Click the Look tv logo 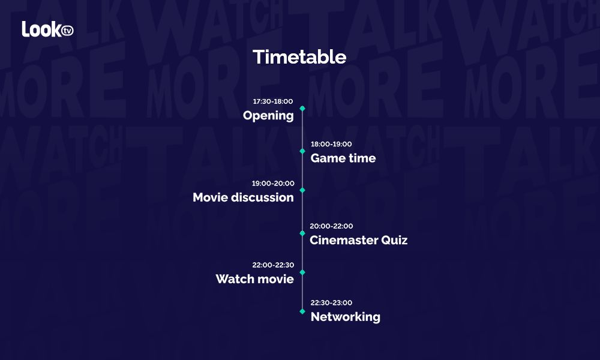coord(47,29)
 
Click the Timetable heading coord(299,57)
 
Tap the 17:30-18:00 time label coord(273,101)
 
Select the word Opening coord(268,116)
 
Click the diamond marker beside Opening coord(302,109)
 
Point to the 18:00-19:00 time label coord(331,144)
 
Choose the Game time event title coord(343,158)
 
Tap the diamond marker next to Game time coord(302,151)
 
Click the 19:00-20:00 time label coord(273,183)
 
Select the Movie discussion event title coord(244,197)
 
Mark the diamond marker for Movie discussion coord(302,190)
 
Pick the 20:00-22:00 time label coord(331,226)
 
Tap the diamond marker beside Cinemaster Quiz coord(302,233)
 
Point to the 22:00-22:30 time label coord(273,265)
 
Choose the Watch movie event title coord(255,279)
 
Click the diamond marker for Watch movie coord(302,272)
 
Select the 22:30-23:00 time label coord(331,302)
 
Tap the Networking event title coord(346,317)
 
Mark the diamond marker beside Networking coord(302,311)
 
